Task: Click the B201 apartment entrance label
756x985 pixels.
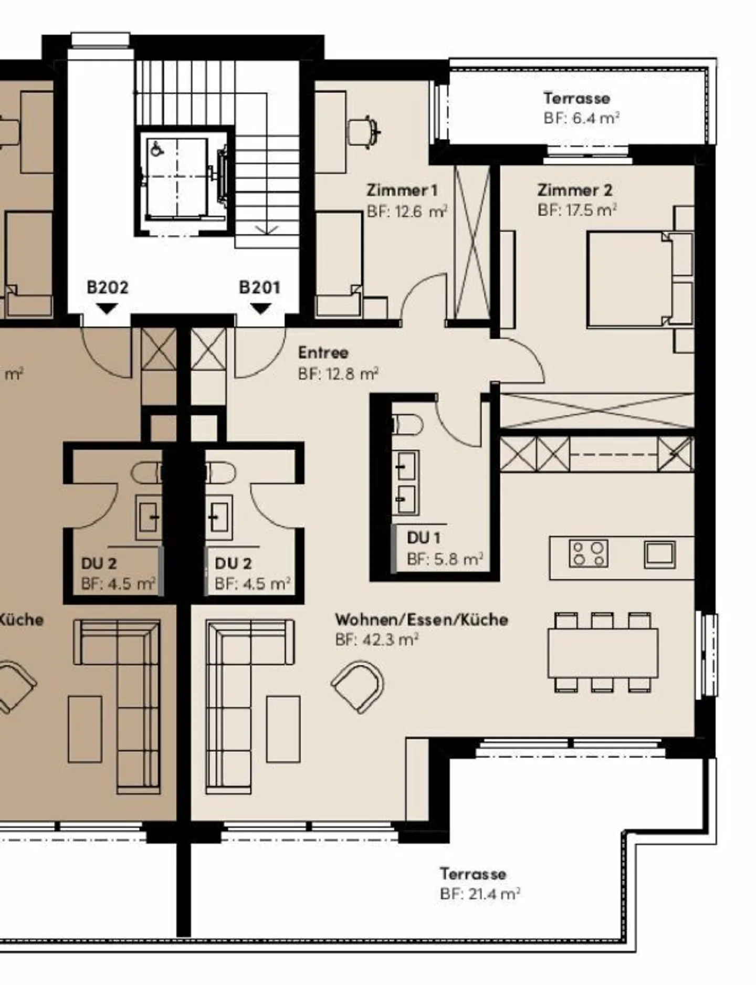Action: click(259, 287)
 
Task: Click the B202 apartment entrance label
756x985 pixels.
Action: click(107, 287)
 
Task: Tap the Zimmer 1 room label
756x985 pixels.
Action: click(402, 190)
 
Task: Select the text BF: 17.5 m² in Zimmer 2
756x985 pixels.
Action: click(576, 211)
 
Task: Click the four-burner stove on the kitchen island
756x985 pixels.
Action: click(589, 553)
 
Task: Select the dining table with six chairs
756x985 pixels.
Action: click(603, 653)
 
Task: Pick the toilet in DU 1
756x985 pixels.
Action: click(408, 425)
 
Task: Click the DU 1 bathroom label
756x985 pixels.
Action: click(423, 538)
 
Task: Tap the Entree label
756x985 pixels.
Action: click(323, 352)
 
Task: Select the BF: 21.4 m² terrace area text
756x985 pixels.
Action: click(480, 894)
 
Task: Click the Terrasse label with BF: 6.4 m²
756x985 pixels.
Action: click(576, 98)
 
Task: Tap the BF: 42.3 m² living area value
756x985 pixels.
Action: click(376, 640)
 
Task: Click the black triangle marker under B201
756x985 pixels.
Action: click(260, 309)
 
